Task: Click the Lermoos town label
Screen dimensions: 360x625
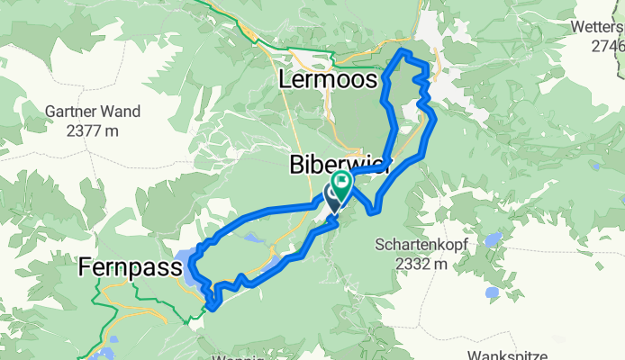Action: click(327, 80)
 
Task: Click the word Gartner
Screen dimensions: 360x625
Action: click(72, 112)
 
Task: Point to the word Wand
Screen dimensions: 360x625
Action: click(122, 112)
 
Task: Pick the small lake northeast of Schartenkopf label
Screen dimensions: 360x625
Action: click(494, 239)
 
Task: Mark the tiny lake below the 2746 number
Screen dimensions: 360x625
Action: click(594, 166)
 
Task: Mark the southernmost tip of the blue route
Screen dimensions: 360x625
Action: click(213, 307)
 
